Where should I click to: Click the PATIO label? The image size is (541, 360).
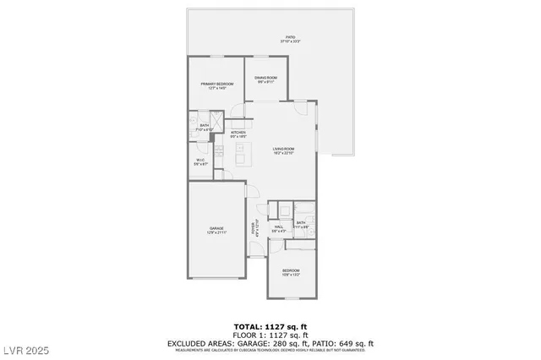pos(290,38)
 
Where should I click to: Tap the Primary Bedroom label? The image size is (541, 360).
pos(217,85)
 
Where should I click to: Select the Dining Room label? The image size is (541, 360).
pos(266,80)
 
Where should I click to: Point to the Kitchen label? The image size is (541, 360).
pos(238,134)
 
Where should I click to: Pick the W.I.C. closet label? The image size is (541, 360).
pos(200,161)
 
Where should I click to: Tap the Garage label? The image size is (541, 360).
pos(217,229)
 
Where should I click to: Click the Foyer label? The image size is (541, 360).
pos(252,227)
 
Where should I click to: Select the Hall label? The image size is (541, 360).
pos(279,226)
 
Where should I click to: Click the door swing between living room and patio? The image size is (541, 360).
pos(301,106)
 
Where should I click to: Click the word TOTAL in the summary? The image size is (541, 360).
pos(247,325)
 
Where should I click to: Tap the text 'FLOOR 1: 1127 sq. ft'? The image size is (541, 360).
pos(270,335)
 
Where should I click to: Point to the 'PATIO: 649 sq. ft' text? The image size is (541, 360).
pos(344,343)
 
